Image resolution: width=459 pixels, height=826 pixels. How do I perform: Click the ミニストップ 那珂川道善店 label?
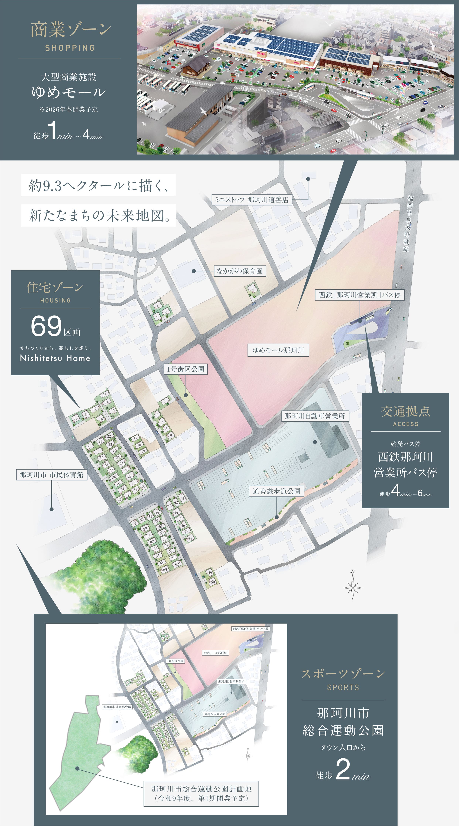coord(252,200)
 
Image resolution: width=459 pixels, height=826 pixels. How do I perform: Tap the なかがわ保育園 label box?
coord(240,271)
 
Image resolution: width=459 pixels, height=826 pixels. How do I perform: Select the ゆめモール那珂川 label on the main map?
coord(278,350)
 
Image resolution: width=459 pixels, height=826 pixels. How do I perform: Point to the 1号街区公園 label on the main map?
coord(185,369)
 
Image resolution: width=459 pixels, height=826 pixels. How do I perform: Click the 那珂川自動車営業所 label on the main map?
coord(315,416)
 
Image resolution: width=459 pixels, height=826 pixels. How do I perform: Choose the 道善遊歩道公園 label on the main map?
coord(276,491)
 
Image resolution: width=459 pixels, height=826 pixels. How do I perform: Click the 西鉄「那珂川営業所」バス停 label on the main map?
coord(360,295)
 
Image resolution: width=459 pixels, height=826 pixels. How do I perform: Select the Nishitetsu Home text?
coord(55,358)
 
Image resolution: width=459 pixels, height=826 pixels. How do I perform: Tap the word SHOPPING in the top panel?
coord(70,48)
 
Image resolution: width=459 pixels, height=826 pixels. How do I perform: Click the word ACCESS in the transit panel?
coord(406,424)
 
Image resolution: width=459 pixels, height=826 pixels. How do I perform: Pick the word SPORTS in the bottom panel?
coord(343,687)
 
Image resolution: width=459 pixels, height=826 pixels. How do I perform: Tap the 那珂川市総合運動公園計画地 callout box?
coord(201,794)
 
